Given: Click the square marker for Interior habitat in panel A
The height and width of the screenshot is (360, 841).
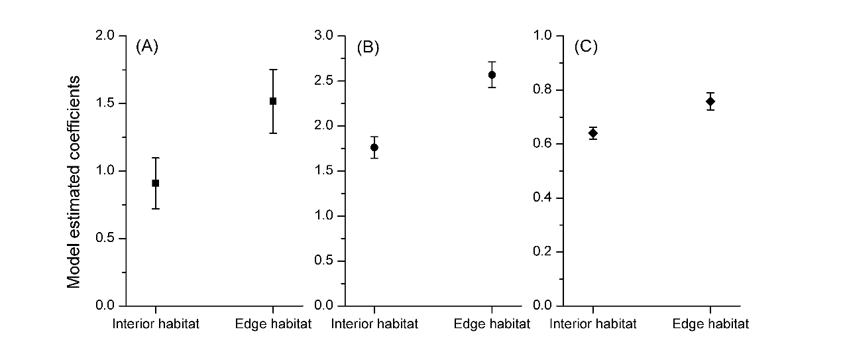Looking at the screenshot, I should [x=155, y=183].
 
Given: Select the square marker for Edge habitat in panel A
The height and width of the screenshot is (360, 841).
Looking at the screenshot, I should [x=273, y=101].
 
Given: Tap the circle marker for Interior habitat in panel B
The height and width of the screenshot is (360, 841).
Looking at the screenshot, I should [x=374, y=147].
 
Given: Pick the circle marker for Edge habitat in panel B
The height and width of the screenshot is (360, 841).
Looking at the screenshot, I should [x=492, y=75].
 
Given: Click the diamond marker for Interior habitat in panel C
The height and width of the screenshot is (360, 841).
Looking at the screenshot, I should [x=593, y=133].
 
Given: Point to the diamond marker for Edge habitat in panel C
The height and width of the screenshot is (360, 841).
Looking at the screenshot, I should [x=710, y=101].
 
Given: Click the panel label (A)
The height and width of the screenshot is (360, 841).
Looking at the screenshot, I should [x=146, y=46].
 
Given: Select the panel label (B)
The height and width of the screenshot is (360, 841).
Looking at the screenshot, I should [x=367, y=48].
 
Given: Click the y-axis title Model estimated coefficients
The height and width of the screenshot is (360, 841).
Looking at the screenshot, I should [x=74, y=182].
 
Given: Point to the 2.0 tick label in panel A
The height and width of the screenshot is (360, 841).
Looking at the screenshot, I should [x=106, y=36].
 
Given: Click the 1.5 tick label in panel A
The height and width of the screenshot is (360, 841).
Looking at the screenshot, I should [x=106, y=103].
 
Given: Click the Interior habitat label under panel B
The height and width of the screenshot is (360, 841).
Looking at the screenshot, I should [x=374, y=324].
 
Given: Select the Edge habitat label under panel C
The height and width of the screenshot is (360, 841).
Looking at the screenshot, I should [x=710, y=324].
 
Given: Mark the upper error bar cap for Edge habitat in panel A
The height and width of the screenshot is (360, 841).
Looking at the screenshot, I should [x=273, y=69].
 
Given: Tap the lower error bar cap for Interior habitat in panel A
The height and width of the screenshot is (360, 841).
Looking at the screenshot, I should [x=155, y=209].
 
